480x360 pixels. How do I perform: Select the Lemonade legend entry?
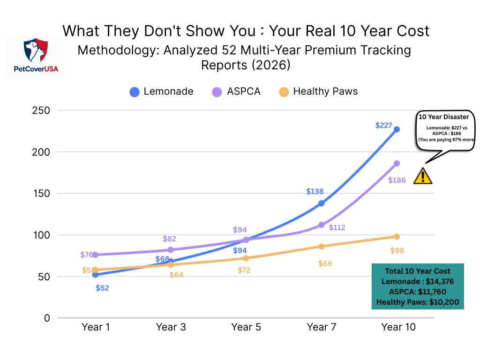(161, 91)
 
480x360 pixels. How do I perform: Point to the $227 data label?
(384, 125)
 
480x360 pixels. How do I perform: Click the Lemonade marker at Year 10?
(397, 129)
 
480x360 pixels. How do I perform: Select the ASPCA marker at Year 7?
(321, 225)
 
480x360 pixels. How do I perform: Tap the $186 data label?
(397, 180)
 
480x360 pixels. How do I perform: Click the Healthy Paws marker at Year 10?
(397, 236)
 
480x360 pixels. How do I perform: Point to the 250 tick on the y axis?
(41, 111)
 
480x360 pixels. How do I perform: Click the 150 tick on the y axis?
(41, 194)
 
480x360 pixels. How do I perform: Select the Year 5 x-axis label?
(246, 327)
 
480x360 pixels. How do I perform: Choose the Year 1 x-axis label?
(96, 327)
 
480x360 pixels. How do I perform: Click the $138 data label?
(315, 191)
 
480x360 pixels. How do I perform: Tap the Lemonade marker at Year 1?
(95, 275)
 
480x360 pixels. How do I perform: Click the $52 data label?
(102, 288)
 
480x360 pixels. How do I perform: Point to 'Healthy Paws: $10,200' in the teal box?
(417, 302)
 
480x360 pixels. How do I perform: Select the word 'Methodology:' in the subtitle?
(108, 50)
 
